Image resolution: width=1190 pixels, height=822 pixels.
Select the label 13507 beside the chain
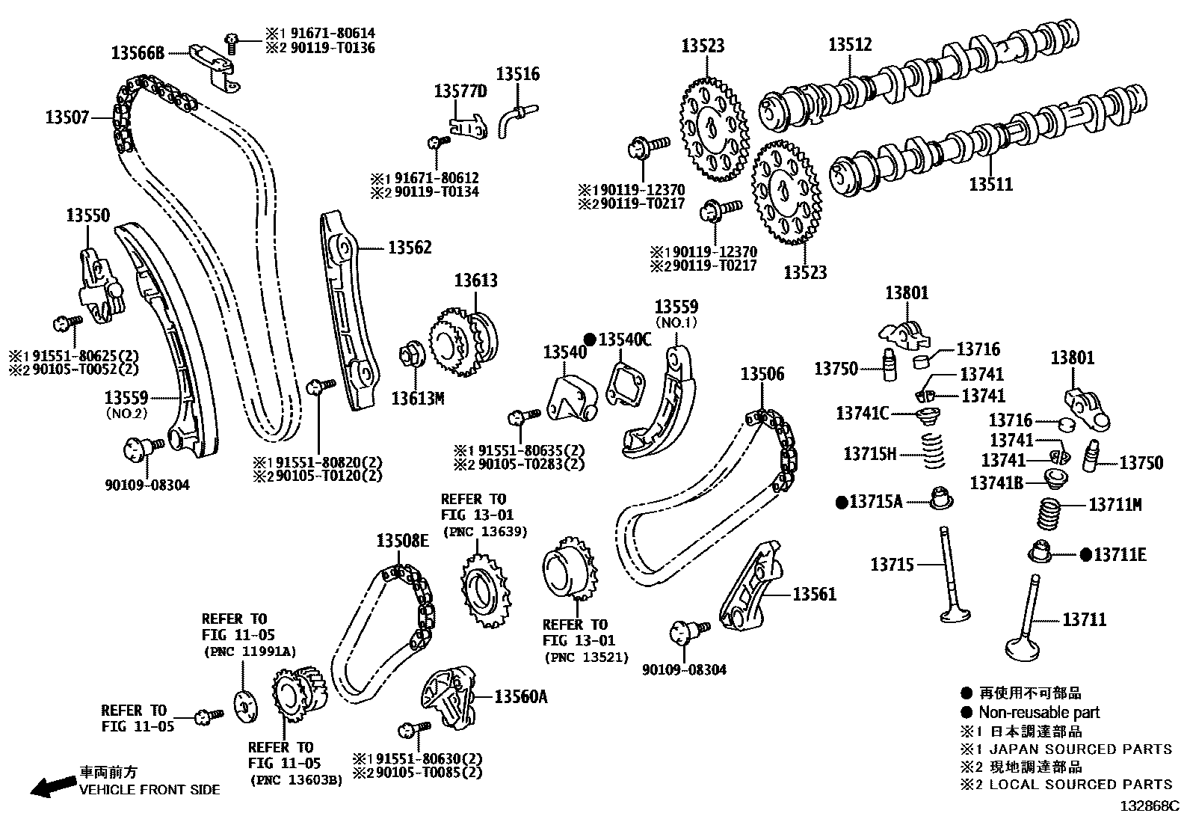pos(67,117)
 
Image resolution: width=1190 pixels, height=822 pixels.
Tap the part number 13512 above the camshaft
pos(850,45)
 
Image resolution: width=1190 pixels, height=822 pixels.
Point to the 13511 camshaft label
pos(990,183)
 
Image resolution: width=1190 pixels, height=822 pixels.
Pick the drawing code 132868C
pos(1148,807)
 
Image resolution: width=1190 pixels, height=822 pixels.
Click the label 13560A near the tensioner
pos(521,696)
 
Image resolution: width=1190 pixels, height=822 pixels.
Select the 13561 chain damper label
pos(814,595)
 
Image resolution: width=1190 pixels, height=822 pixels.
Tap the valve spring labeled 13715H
pos(931,451)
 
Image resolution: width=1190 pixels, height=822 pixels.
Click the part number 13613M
pos(418,399)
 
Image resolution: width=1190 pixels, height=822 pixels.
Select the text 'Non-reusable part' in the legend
pos(1039,712)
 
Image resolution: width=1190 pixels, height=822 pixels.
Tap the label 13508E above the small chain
pos(402,541)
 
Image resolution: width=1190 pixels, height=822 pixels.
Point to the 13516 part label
pos(517,74)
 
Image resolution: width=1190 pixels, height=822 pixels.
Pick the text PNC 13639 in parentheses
pos(485,532)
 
